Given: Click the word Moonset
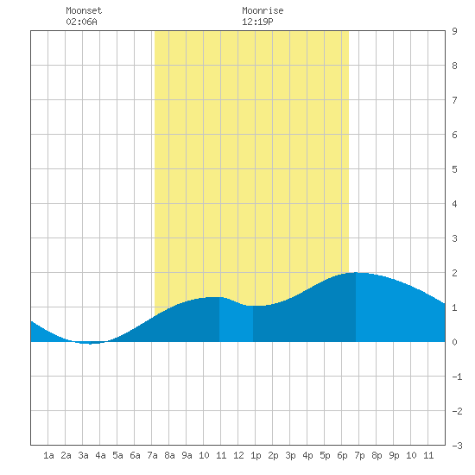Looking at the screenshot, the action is tap(84, 10).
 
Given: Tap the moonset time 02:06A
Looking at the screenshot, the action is tap(81, 22).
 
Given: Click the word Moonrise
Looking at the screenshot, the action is tap(263, 10).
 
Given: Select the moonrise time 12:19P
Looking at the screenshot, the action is tap(257, 22).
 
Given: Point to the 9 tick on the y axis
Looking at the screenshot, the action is tap(454, 31).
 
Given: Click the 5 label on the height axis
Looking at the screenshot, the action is tap(454, 169).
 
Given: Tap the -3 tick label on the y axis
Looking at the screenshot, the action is tap(457, 446).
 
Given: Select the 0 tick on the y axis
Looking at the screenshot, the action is tap(454, 342).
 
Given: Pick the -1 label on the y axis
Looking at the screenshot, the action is tap(457, 377).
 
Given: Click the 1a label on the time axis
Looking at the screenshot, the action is tap(48, 455).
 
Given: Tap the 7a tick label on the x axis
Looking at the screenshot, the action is tap(152, 455).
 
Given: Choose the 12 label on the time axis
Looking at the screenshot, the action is tap(238, 455).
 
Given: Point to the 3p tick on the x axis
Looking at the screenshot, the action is tap(290, 455).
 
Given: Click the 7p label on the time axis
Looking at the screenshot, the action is tap(359, 455).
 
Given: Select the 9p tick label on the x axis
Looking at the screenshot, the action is tap(394, 455).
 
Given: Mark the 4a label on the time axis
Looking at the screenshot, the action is tap(100, 455).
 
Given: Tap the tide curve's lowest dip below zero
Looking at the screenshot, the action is tap(90, 344).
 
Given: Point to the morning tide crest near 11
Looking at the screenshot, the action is tap(214, 297).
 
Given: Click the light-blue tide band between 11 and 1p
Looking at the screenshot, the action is tap(236, 322).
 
